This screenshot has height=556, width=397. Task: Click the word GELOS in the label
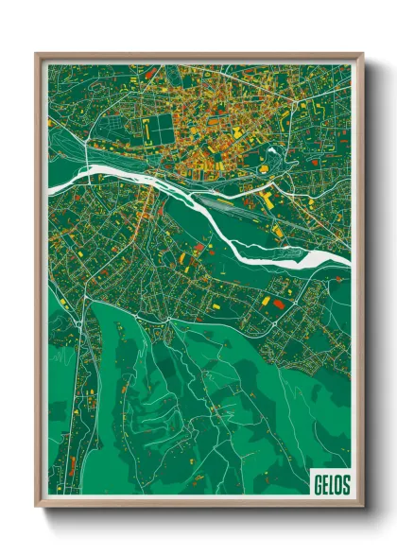pos(330,484)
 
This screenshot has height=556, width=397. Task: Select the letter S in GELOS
pos(345,484)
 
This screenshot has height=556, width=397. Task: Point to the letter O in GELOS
pos(337,484)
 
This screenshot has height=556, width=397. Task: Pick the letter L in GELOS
pos(330,484)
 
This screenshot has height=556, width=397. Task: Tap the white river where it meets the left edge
pos(52,185)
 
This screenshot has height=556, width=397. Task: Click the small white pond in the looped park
pos(271,149)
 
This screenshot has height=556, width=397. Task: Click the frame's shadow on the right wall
pos(371,284)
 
